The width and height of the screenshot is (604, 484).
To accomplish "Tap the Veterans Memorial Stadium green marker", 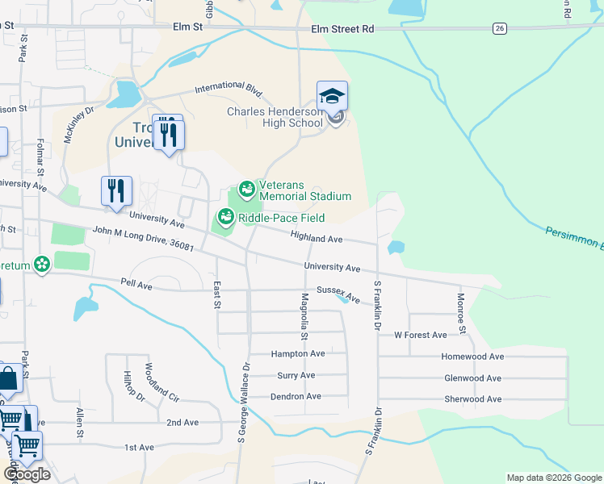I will pyautogui.click(x=247, y=190).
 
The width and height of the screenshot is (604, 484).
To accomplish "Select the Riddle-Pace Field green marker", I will pyautogui.click(x=225, y=216).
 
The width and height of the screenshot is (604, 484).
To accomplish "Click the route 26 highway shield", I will pyautogui.click(x=501, y=28).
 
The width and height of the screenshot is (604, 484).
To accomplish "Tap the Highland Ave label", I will pyautogui.click(x=317, y=239).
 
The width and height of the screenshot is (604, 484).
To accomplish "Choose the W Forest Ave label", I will pyautogui.click(x=420, y=335).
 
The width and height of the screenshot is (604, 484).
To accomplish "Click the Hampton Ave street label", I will pyautogui.click(x=298, y=353).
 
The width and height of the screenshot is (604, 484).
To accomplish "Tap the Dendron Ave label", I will pyautogui.click(x=296, y=396).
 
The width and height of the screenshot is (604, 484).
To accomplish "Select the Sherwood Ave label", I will pyautogui.click(x=473, y=398).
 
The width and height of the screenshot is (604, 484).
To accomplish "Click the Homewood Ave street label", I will pyautogui.click(x=472, y=356).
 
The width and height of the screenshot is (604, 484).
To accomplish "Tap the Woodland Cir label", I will pyautogui.click(x=161, y=382).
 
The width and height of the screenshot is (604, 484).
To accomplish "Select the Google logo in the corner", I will pyautogui.click(x=26, y=474).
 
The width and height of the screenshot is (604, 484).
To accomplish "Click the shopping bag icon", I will pyautogui.click(x=8, y=378).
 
